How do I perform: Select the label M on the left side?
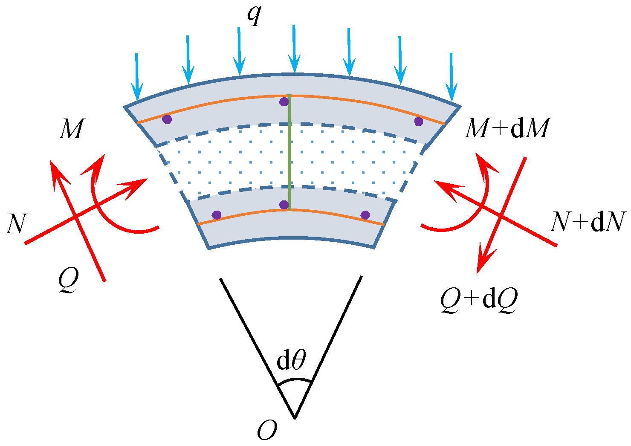point(71,129)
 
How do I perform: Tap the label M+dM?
point(506,128)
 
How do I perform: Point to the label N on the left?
point(16,224)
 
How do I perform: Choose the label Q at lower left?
point(69,281)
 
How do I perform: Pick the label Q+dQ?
point(479,301)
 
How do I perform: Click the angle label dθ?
point(291,360)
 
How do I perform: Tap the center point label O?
point(267,431)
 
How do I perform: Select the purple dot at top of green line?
point(284,102)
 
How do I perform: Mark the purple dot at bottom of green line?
point(284,205)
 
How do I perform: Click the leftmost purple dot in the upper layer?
point(167,119)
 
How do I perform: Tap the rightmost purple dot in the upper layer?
point(418,122)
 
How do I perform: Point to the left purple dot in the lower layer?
point(217,215)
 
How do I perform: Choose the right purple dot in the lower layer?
point(365,215)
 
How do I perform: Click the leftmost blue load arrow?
point(136,77)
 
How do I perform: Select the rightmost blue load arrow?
point(451,77)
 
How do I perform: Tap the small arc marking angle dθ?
point(294,379)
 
